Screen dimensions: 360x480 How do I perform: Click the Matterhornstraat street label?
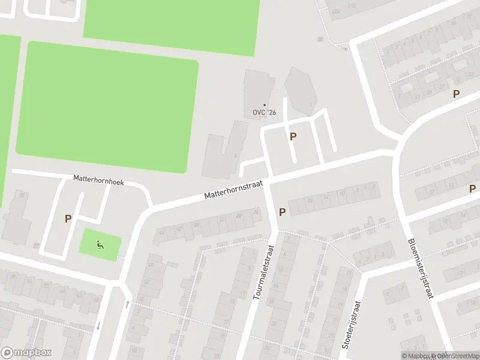click(234, 191)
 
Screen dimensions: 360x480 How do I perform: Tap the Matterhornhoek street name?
click(98, 179)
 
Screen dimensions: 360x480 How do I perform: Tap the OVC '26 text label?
click(265, 113)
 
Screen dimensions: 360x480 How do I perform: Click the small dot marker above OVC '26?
click(264, 105)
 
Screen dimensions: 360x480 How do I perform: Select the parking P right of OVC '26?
click(293, 136)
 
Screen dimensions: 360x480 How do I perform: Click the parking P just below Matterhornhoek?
click(68, 219)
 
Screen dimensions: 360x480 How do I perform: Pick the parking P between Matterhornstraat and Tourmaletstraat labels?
click(282, 212)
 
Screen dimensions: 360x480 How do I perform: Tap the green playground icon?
click(100, 244)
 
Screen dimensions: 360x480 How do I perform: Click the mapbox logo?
click(26, 353)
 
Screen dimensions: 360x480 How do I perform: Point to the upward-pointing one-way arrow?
click(127, 304)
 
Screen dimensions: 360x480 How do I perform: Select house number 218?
click(351, 5)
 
